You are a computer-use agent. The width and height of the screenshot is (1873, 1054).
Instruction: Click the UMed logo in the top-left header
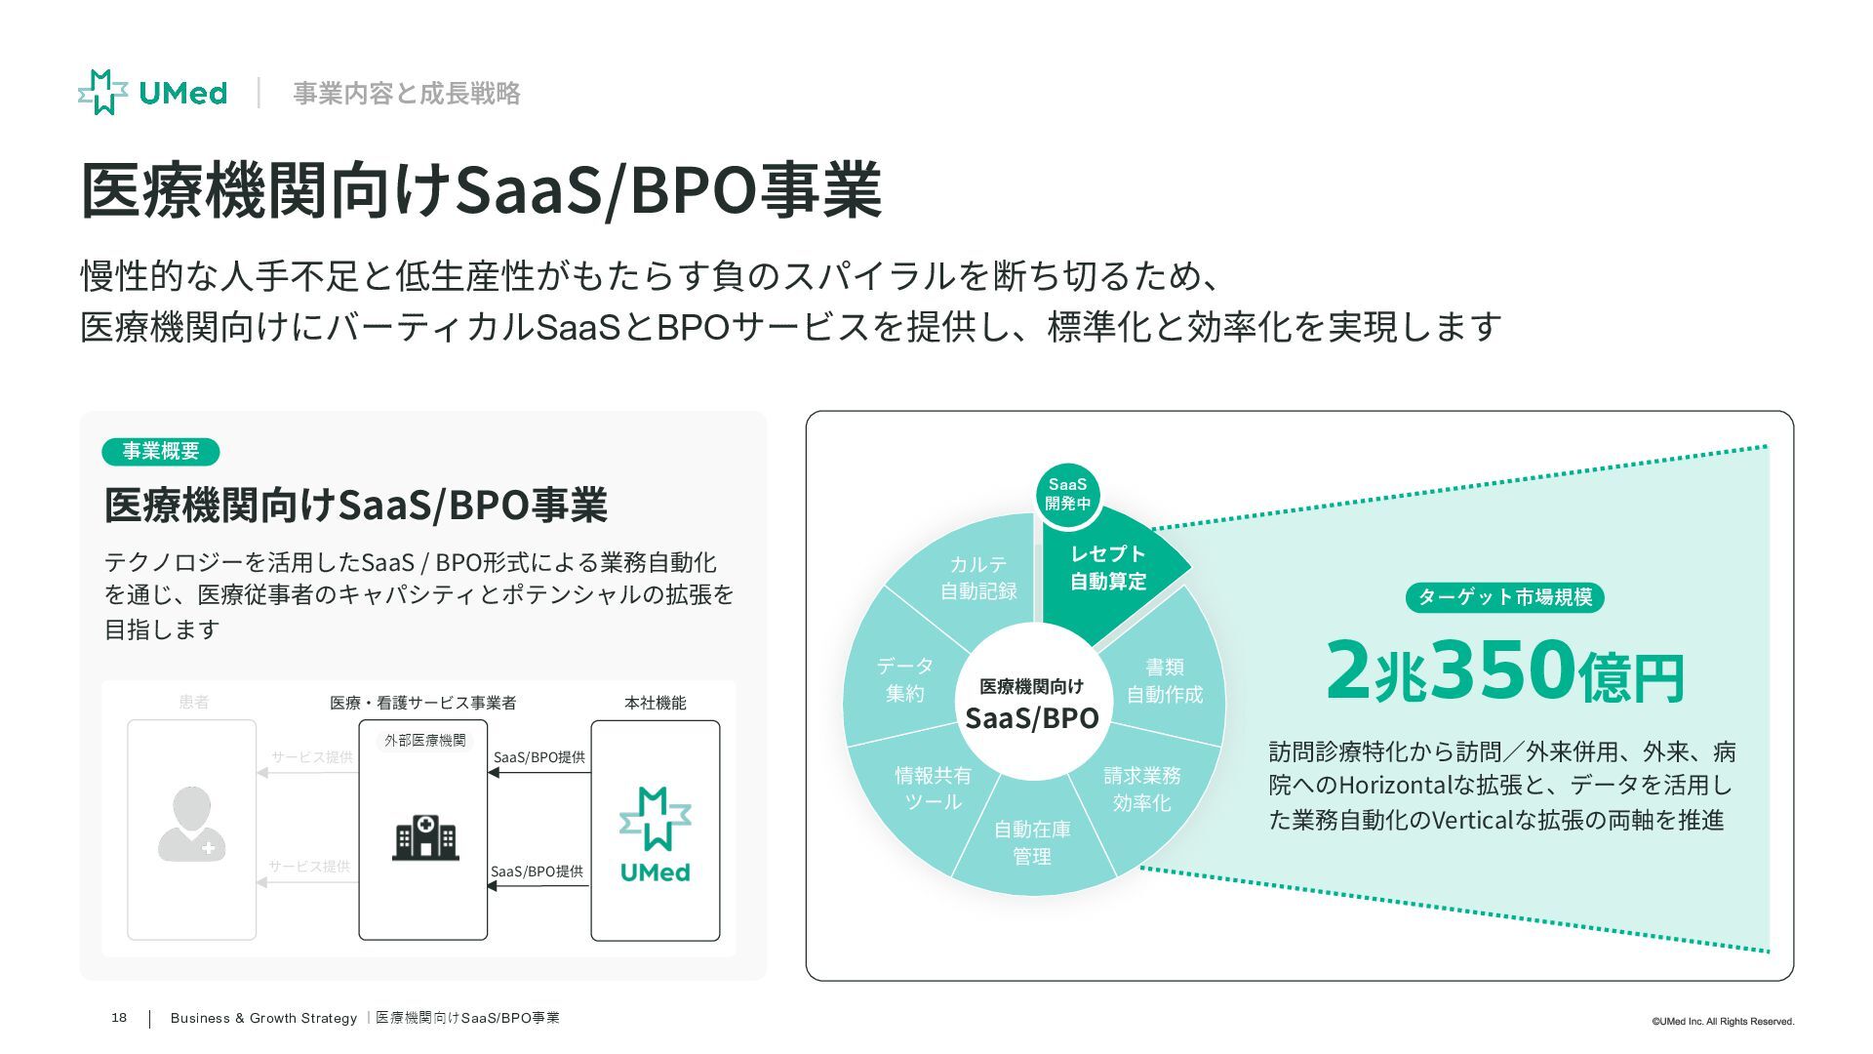pyautogui.click(x=152, y=93)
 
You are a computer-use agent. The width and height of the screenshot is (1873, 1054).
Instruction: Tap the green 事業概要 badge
pyautogui.click(x=161, y=451)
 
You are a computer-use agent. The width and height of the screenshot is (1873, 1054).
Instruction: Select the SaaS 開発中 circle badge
pyautogui.click(x=1067, y=493)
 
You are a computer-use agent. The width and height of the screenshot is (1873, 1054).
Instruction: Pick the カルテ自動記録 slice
pyautogui.click(x=977, y=578)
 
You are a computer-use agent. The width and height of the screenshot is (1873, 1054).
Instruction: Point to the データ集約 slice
pyautogui.click(x=904, y=679)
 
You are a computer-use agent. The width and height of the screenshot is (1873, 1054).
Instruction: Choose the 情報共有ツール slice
pyautogui.click(x=933, y=789)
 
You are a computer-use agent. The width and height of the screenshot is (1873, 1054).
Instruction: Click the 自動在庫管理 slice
pyautogui.click(x=1032, y=842)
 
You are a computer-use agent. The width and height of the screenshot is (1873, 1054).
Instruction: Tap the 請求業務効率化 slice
pyautogui.click(x=1142, y=789)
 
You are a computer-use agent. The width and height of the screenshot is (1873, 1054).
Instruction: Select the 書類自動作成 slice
pyautogui.click(x=1165, y=680)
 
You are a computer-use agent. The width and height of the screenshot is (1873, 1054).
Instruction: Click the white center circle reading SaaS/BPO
pyautogui.click(x=1032, y=704)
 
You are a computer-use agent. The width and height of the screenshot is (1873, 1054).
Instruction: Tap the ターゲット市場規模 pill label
pyautogui.click(x=1504, y=597)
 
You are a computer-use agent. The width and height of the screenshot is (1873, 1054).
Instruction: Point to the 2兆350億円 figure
pyautogui.click(x=1504, y=670)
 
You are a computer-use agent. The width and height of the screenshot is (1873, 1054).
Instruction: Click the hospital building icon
pyautogui.click(x=424, y=837)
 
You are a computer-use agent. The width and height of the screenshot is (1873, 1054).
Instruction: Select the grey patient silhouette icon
pyautogui.click(x=192, y=825)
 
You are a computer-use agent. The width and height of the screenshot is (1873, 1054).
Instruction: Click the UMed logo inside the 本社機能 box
pyautogui.click(x=656, y=834)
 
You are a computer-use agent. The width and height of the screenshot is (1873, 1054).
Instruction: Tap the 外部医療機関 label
pyautogui.click(x=424, y=741)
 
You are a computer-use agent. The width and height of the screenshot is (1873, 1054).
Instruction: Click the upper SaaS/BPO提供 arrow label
pyautogui.click(x=539, y=757)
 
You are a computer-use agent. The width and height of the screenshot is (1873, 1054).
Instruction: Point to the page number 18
pyautogui.click(x=119, y=1018)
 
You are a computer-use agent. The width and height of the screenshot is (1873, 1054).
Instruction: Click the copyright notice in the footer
pyautogui.click(x=1722, y=1022)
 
